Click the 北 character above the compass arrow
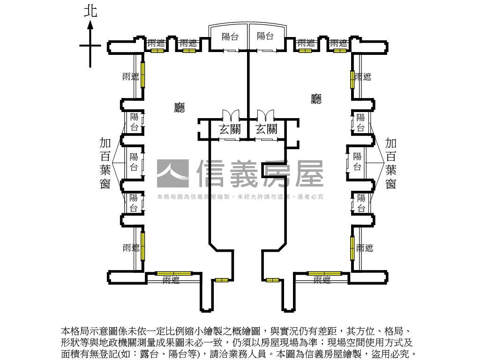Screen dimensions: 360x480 [90, 11]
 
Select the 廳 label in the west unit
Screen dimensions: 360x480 [180, 108]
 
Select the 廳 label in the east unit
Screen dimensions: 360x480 [316, 98]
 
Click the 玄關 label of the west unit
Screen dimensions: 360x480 [230, 129]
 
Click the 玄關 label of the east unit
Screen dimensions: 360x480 [266, 129]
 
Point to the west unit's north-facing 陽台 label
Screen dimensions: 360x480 [230, 37]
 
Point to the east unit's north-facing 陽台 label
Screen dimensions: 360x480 [265, 37]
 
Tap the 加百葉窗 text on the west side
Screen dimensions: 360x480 [105, 163]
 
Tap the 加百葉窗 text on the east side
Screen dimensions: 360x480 [390, 163]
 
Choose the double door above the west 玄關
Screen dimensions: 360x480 [230, 115]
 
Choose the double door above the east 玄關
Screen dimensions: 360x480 [265, 115]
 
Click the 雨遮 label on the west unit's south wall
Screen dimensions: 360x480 [171, 280]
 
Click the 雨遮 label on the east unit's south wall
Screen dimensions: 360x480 [322, 280]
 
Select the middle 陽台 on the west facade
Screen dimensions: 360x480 [134, 162]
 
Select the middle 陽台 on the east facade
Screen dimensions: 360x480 [357, 161]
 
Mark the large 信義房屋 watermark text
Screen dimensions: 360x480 [260, 173]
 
